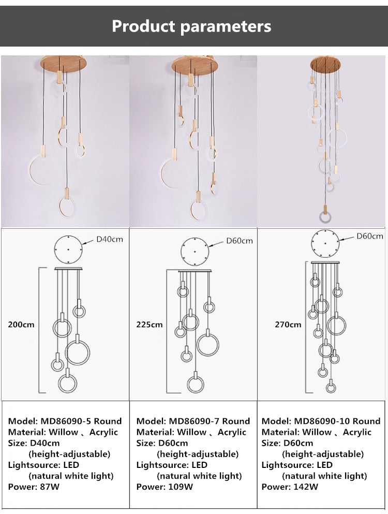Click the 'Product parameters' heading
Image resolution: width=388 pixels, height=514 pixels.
pos(191,26)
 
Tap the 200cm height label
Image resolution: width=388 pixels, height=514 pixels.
pos(21,325)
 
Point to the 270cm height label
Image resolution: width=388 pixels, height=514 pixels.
pos(288,325)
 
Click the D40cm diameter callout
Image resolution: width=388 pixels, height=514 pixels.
pos(110,239)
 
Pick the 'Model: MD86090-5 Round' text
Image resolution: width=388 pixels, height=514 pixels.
pos(65,421)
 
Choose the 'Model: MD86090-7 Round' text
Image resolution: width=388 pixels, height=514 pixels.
pos(193,421)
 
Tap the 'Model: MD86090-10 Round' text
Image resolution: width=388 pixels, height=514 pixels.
pos(321,421)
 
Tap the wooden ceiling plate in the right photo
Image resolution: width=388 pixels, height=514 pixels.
pos(325,65)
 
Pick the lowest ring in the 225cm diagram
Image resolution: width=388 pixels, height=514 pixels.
pos(195,384)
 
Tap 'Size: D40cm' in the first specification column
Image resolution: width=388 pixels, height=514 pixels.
pos(33,443)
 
